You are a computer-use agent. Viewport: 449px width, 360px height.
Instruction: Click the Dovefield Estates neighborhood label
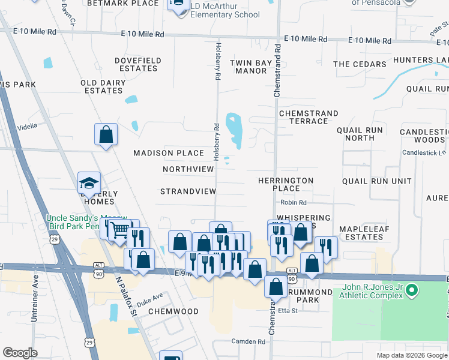click(x=138, y=64)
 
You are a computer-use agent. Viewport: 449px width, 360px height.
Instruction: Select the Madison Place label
click(x=169, y=153)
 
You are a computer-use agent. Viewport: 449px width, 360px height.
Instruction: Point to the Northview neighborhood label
click(x=188, y=169)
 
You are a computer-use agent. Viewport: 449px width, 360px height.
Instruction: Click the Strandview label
click(x=188, y=191)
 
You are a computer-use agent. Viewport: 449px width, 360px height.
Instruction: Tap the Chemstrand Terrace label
click(x=309, y=117)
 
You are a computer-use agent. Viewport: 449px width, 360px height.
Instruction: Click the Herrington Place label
click(x=286, y=184)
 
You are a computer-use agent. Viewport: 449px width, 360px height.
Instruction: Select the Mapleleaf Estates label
click(x=361, y=233)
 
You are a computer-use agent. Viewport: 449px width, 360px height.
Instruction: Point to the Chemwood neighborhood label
click(x=173, y=311)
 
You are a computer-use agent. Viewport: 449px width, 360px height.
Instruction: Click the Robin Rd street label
click(x=294, y=203)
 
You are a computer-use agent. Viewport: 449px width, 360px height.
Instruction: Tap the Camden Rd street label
click(x=248, y=341)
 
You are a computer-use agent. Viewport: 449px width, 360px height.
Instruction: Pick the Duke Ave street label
click(x=149, y=298)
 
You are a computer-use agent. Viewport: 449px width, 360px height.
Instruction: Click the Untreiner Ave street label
click(x=35, y=298)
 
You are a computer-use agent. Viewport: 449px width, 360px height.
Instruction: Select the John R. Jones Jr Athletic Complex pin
click(x=411, y=292)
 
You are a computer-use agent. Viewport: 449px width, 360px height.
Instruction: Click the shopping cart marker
click(x=120, y=230)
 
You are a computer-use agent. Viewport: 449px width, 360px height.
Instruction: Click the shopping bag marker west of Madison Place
click(x=106, y=134)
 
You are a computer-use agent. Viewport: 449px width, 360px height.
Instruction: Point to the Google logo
click(x=20, y=353)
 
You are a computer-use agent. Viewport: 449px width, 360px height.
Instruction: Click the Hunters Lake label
click(x=424, y=60)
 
